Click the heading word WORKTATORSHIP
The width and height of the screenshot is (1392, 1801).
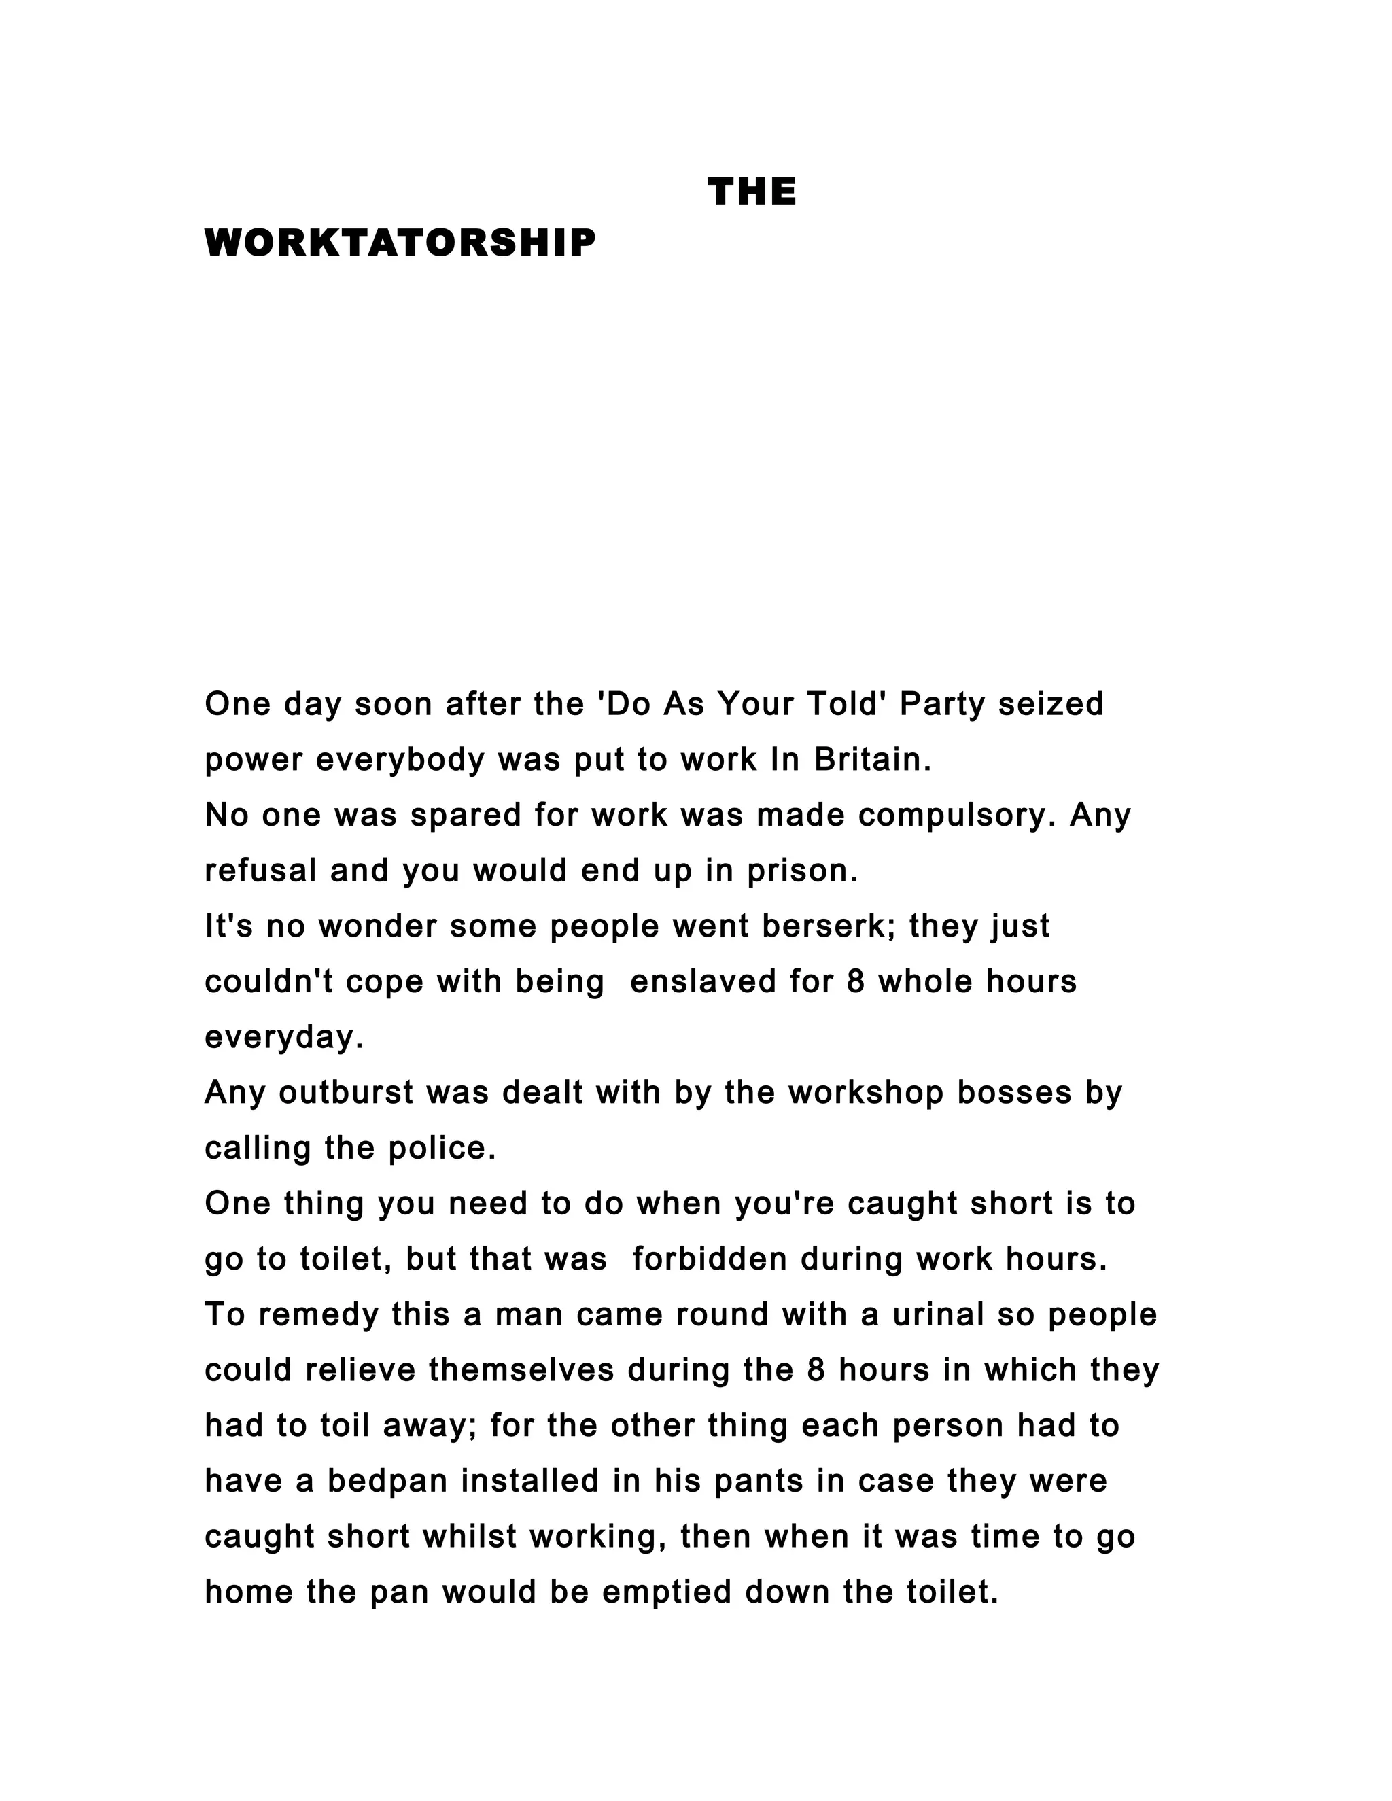pyautogui.click(x=400, y=243)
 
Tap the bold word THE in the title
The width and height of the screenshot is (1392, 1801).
pyautogui.click(x=751, y=192)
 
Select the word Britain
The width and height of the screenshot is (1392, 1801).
pyautogui.click(x=873, y=760)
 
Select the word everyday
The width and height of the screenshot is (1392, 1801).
pyautogui.click(x=283, y=1037)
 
